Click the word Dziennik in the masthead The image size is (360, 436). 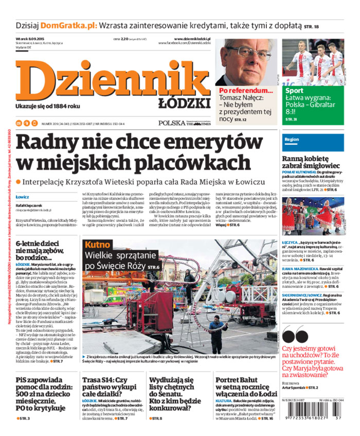(111, 78)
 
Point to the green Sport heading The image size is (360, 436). (294, 91)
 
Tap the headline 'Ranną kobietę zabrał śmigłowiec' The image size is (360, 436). (310, 163)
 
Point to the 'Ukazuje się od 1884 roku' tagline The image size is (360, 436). (48, 106)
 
